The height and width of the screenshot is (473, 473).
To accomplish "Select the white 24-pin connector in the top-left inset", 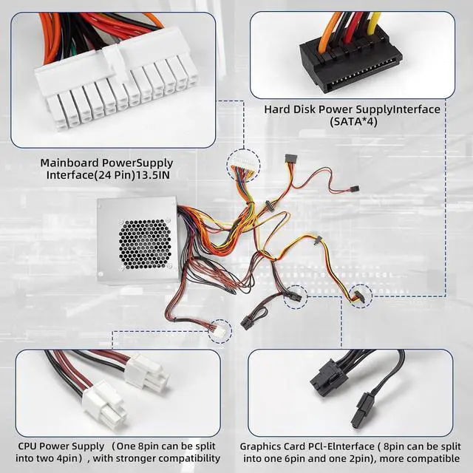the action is point(115,89).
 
